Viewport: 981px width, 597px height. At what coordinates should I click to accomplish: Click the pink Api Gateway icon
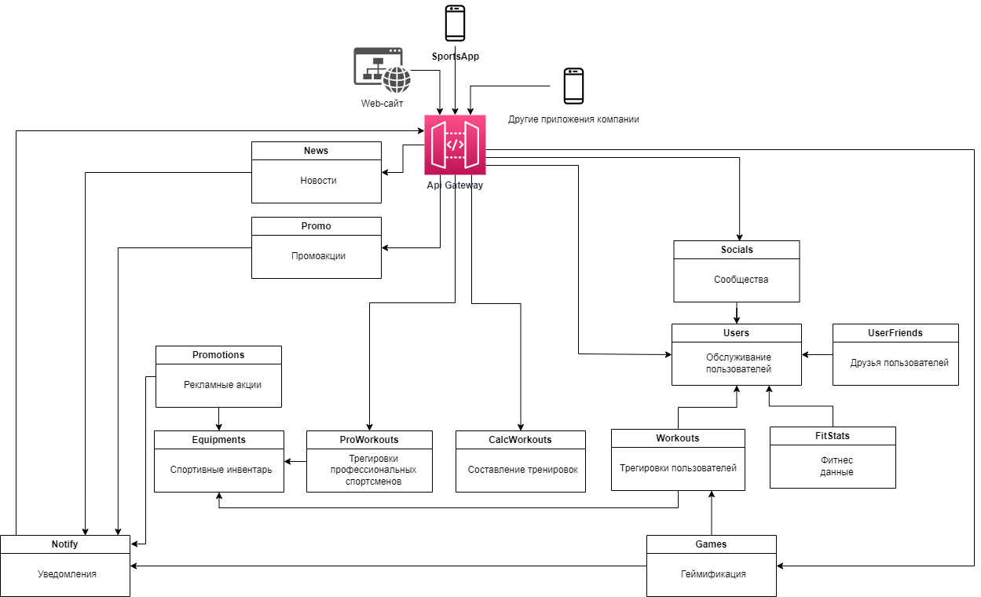tap(455, 145)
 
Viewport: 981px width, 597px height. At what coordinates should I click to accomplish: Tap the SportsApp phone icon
tap(455, 23)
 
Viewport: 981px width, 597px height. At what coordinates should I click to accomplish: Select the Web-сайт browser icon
tap(382, 70)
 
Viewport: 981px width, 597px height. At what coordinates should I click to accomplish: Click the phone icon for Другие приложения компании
tap(573, 86)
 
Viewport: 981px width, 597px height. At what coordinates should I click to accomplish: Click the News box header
tap(316, 151)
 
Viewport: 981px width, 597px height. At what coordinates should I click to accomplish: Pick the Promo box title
tap(316, 226)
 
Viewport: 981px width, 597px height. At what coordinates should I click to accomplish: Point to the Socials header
tap(736, 250)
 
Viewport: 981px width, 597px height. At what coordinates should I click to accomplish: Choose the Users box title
tap(736, 333)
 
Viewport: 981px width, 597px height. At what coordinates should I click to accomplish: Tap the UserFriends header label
tap(895, 333)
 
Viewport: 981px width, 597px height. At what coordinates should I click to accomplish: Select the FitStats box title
tap(832, 436)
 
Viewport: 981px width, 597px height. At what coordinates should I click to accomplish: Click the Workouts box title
tap(677, 438)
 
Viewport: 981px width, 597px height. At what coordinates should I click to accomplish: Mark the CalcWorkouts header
tap(520, 440)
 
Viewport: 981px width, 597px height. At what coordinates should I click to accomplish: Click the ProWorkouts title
tap(368, 440)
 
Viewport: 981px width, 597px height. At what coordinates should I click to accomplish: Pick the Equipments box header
tap(218, 440)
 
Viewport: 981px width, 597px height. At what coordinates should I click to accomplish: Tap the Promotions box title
tap(218, 355)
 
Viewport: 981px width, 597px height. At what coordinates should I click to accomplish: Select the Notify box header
tap(64, 544)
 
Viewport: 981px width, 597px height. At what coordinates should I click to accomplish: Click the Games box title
tap(710, 544)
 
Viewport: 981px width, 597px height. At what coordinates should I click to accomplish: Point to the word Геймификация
tap(712, 574)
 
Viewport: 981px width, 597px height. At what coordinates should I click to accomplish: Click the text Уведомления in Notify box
tap(67, 574)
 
